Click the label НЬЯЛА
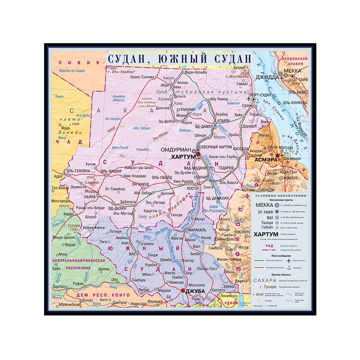click(90, 197)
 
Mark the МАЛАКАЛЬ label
click(196, 229)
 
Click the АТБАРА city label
click(223, 121)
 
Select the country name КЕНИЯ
click(230, 303)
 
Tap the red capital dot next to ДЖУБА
click(183, 291)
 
